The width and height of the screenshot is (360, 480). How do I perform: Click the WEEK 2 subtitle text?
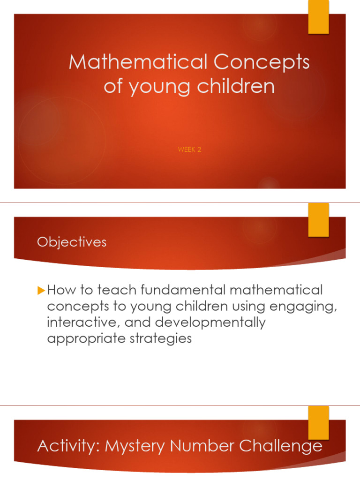pos(189,150)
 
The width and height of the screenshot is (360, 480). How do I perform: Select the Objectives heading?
pos(72,242)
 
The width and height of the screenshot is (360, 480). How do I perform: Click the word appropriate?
pos(83,338)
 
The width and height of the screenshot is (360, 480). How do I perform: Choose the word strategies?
pos(162,338)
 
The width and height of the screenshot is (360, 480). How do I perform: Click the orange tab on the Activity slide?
pos(318,416)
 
